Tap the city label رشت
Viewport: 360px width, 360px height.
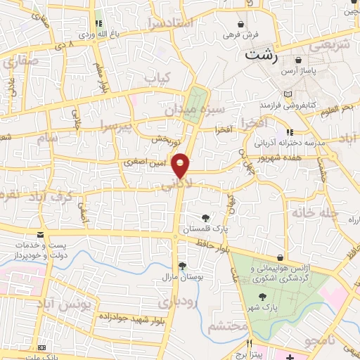pos(260,54)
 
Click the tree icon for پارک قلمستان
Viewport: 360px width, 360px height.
pos(205,218)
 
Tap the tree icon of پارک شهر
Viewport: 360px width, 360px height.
pos(263,296)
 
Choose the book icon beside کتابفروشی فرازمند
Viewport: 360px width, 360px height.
pos(288,94)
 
